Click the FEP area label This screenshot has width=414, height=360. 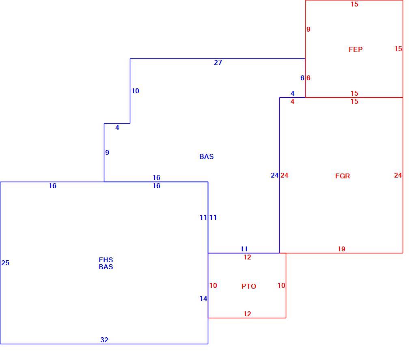[x=356, y=49]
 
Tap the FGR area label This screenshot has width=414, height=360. [x=343, y=176]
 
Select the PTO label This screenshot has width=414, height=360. [x=249, y=286]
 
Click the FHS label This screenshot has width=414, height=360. [x=106, y=260]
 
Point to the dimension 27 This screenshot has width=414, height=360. [x=218, y=62]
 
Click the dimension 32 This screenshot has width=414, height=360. [x=104, y=340]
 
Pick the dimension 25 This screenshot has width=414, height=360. [x=5, y=263]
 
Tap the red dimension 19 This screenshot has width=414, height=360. [x=341, y=249]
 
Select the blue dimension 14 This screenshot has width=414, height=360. [x=203, y=298]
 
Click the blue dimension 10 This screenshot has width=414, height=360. [x=135, y=91]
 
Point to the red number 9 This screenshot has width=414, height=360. [x=308, y=29]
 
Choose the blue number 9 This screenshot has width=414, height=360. [x=107, y=152]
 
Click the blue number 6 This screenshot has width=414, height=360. [x=302, y=78]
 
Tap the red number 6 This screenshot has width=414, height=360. [x=308, y=78]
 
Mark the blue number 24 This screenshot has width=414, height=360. [x=275, y=175]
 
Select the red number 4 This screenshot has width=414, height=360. [x=292, y=101]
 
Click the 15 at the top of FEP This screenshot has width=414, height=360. [x=354, y=4]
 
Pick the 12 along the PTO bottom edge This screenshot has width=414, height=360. [x=247, y=314]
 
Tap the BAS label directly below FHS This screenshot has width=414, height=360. [x=106, y=267]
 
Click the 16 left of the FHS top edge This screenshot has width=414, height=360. [x=52, y=186]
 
